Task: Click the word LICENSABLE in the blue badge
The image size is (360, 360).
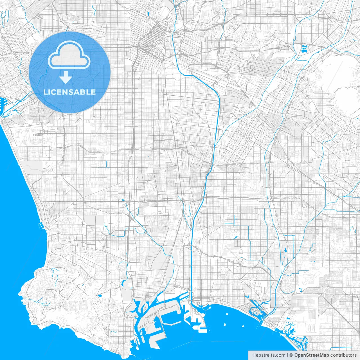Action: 69,92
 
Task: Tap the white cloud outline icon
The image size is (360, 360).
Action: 69,55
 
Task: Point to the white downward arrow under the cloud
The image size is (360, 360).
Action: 66,77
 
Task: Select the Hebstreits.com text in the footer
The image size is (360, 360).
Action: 269,355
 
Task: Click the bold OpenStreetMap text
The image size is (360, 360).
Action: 311,355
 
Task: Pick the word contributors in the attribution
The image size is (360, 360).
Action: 343,355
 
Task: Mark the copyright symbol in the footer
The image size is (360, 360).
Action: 291,355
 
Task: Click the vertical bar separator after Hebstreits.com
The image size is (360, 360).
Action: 287,355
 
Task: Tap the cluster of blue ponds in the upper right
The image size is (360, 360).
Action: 304,49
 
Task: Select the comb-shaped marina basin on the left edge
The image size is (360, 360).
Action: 3,105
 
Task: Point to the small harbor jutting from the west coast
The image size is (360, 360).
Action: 41,225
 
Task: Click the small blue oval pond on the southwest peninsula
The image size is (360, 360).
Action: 100,296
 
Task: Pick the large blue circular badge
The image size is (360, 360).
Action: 69,72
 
